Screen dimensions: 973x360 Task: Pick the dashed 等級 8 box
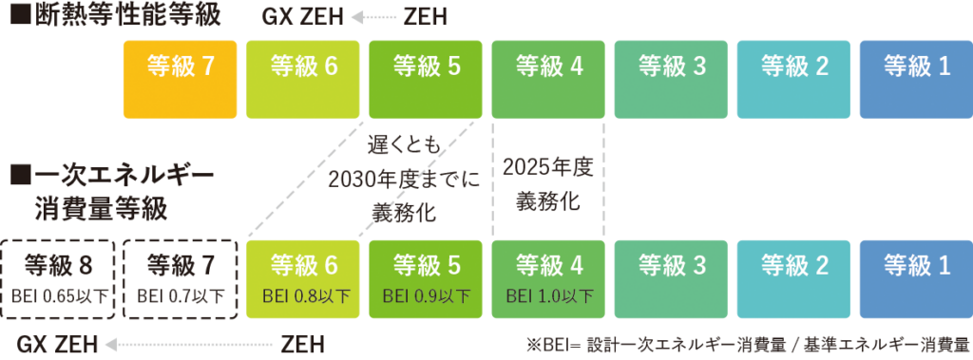(x=58, y=277)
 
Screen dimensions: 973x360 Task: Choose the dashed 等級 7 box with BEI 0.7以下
(x=180, y=277)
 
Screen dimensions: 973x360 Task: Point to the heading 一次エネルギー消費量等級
(x=112, y=191)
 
